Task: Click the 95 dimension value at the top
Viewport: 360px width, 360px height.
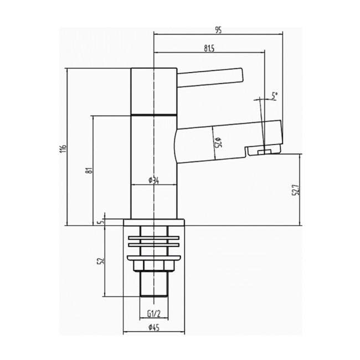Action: [218, 30]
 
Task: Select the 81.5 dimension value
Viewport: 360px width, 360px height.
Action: [209, 48]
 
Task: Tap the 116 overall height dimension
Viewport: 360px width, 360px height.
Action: [64, 148]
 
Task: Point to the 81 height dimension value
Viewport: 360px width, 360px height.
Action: [90, 171]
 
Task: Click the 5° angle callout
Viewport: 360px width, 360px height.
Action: [275, 95]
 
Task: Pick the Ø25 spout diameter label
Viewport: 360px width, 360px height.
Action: [218, 142]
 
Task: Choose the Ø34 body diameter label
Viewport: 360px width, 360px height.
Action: [153, 181]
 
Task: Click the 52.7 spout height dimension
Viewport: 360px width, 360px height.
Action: [296, 189]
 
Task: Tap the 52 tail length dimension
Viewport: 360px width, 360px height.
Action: [101, 261]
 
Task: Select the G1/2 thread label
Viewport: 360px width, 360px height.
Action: [154, 313]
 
